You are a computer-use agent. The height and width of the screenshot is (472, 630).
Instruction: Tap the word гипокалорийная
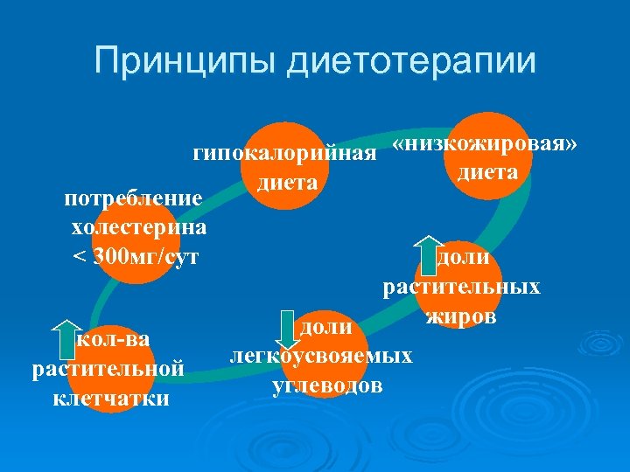pos(284,155)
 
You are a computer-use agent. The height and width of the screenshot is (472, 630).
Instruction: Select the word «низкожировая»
pos(485,144)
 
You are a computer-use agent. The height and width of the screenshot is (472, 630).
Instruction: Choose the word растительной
pos(108,369)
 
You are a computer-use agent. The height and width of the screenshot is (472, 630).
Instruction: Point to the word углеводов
pos(327,385)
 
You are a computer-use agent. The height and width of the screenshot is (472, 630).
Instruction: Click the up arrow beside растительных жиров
pos(429,254)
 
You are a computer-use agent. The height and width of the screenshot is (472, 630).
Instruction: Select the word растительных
pos(461,286)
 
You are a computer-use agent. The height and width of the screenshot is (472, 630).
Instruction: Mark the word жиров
pos(461,315)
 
